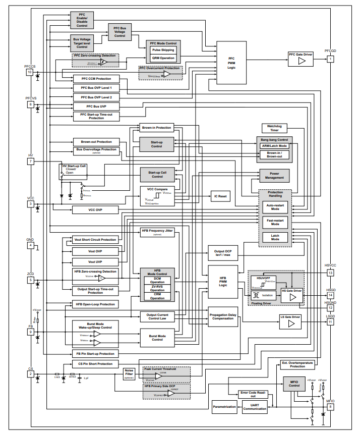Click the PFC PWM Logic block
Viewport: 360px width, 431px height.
231,63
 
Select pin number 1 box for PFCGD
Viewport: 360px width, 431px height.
330,59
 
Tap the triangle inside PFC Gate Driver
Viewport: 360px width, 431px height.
302,61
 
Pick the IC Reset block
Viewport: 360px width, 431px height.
220,196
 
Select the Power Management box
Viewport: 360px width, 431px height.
274,175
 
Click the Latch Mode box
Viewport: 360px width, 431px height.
275,237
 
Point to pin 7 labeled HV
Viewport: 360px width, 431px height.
31,161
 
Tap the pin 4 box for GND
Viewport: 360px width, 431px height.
31,246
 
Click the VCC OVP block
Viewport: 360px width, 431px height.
96,209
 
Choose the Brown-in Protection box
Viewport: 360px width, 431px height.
157,128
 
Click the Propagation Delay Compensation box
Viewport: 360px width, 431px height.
222,316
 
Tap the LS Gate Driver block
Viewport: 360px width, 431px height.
290,321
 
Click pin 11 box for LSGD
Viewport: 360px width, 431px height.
330,321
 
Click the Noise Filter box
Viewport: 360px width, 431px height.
129,373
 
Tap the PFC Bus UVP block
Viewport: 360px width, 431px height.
96,106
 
